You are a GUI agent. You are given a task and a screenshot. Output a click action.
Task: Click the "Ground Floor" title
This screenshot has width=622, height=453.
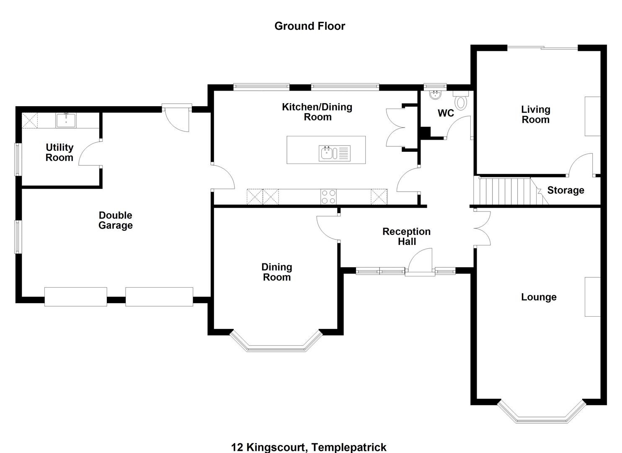click(310, 26)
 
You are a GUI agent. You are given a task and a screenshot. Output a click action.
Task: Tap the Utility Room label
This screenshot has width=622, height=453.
click(59, 153)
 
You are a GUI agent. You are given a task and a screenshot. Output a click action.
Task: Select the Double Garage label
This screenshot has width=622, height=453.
click(116, 220)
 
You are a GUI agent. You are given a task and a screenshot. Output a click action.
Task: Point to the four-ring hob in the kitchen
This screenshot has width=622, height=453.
click(328, 197)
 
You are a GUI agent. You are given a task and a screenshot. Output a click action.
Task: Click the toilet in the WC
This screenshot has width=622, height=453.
click(462, 102)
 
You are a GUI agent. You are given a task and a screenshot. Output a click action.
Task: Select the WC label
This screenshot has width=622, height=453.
click(446, 113)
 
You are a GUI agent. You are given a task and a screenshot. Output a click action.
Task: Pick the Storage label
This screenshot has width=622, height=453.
click(565, 190)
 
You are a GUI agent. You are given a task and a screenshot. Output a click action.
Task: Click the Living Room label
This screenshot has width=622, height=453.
click(535, 115)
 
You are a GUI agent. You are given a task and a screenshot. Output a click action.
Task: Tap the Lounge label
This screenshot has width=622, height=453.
click(539, 297)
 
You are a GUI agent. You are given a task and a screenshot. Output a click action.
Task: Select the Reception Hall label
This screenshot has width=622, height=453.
click(406, 237)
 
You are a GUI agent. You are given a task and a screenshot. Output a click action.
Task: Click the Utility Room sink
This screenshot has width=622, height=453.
click(66, 120)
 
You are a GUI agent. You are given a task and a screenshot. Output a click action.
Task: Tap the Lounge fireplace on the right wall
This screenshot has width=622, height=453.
click(592, 297)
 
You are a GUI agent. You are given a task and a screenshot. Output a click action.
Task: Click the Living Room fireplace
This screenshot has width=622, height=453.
click(592, 116)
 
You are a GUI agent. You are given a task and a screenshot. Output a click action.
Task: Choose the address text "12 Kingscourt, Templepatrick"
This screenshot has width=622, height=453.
click(309, 447)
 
